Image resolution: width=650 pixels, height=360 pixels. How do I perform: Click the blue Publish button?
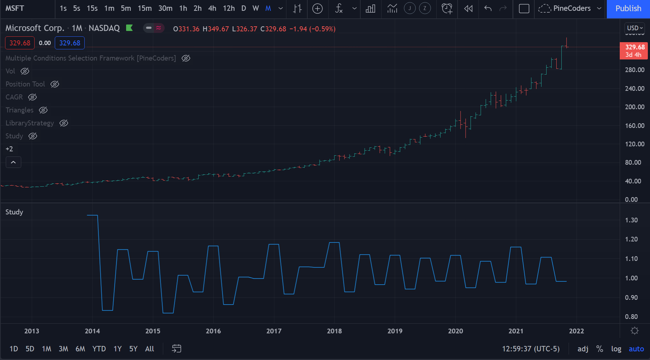pos(628,9)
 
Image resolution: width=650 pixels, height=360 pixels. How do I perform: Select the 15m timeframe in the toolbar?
pos(144,8)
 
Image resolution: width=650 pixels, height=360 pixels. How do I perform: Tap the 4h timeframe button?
pos(212,8)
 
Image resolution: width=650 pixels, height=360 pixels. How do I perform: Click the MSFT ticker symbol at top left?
pos(15,8)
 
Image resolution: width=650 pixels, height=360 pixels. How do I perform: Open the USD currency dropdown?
pos(635,28)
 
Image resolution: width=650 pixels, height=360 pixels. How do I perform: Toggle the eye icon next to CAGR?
pos(32,97)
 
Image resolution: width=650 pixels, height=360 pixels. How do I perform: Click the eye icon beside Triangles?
pos(43,110)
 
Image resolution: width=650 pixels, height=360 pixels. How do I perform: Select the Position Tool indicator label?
pos(25,84)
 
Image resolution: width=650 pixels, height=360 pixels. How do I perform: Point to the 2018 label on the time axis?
pos(334,331)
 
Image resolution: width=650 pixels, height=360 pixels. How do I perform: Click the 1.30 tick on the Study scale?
pos(631,220)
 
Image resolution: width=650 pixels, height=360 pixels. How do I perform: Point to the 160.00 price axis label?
pos(635,126)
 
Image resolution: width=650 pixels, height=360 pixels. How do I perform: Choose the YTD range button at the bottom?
pos(99,349)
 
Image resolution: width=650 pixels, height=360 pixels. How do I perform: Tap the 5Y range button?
pos(133,349)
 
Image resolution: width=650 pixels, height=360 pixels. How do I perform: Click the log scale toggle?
pos(616,349)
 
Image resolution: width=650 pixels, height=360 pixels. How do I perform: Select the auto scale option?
pos(636,349)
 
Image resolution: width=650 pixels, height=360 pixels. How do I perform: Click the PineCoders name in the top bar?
pos(572,8)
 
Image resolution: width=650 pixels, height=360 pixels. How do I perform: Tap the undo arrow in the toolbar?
pos(488,8)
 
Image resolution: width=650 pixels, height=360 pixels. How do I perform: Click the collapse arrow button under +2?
pos(13,163)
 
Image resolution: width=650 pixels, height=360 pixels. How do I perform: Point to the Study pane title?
pos(14,212)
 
